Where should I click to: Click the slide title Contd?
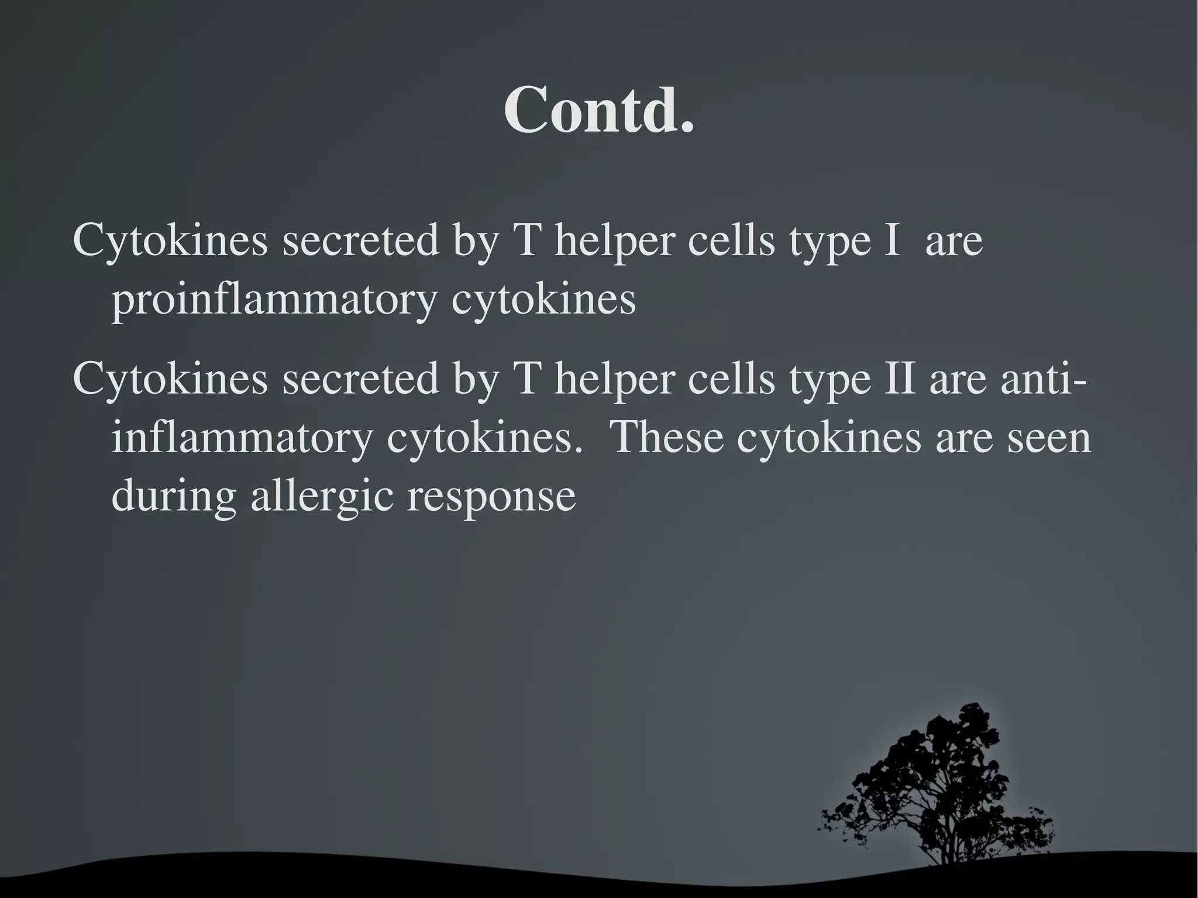pyautogui.click(x=599, y=109)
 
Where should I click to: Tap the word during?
pyautogui.click(x=174, y=497)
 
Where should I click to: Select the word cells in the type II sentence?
pyautogui.click(x=731, y=379)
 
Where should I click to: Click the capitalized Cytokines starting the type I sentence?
pyautogui.click(x=170, y=241)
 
